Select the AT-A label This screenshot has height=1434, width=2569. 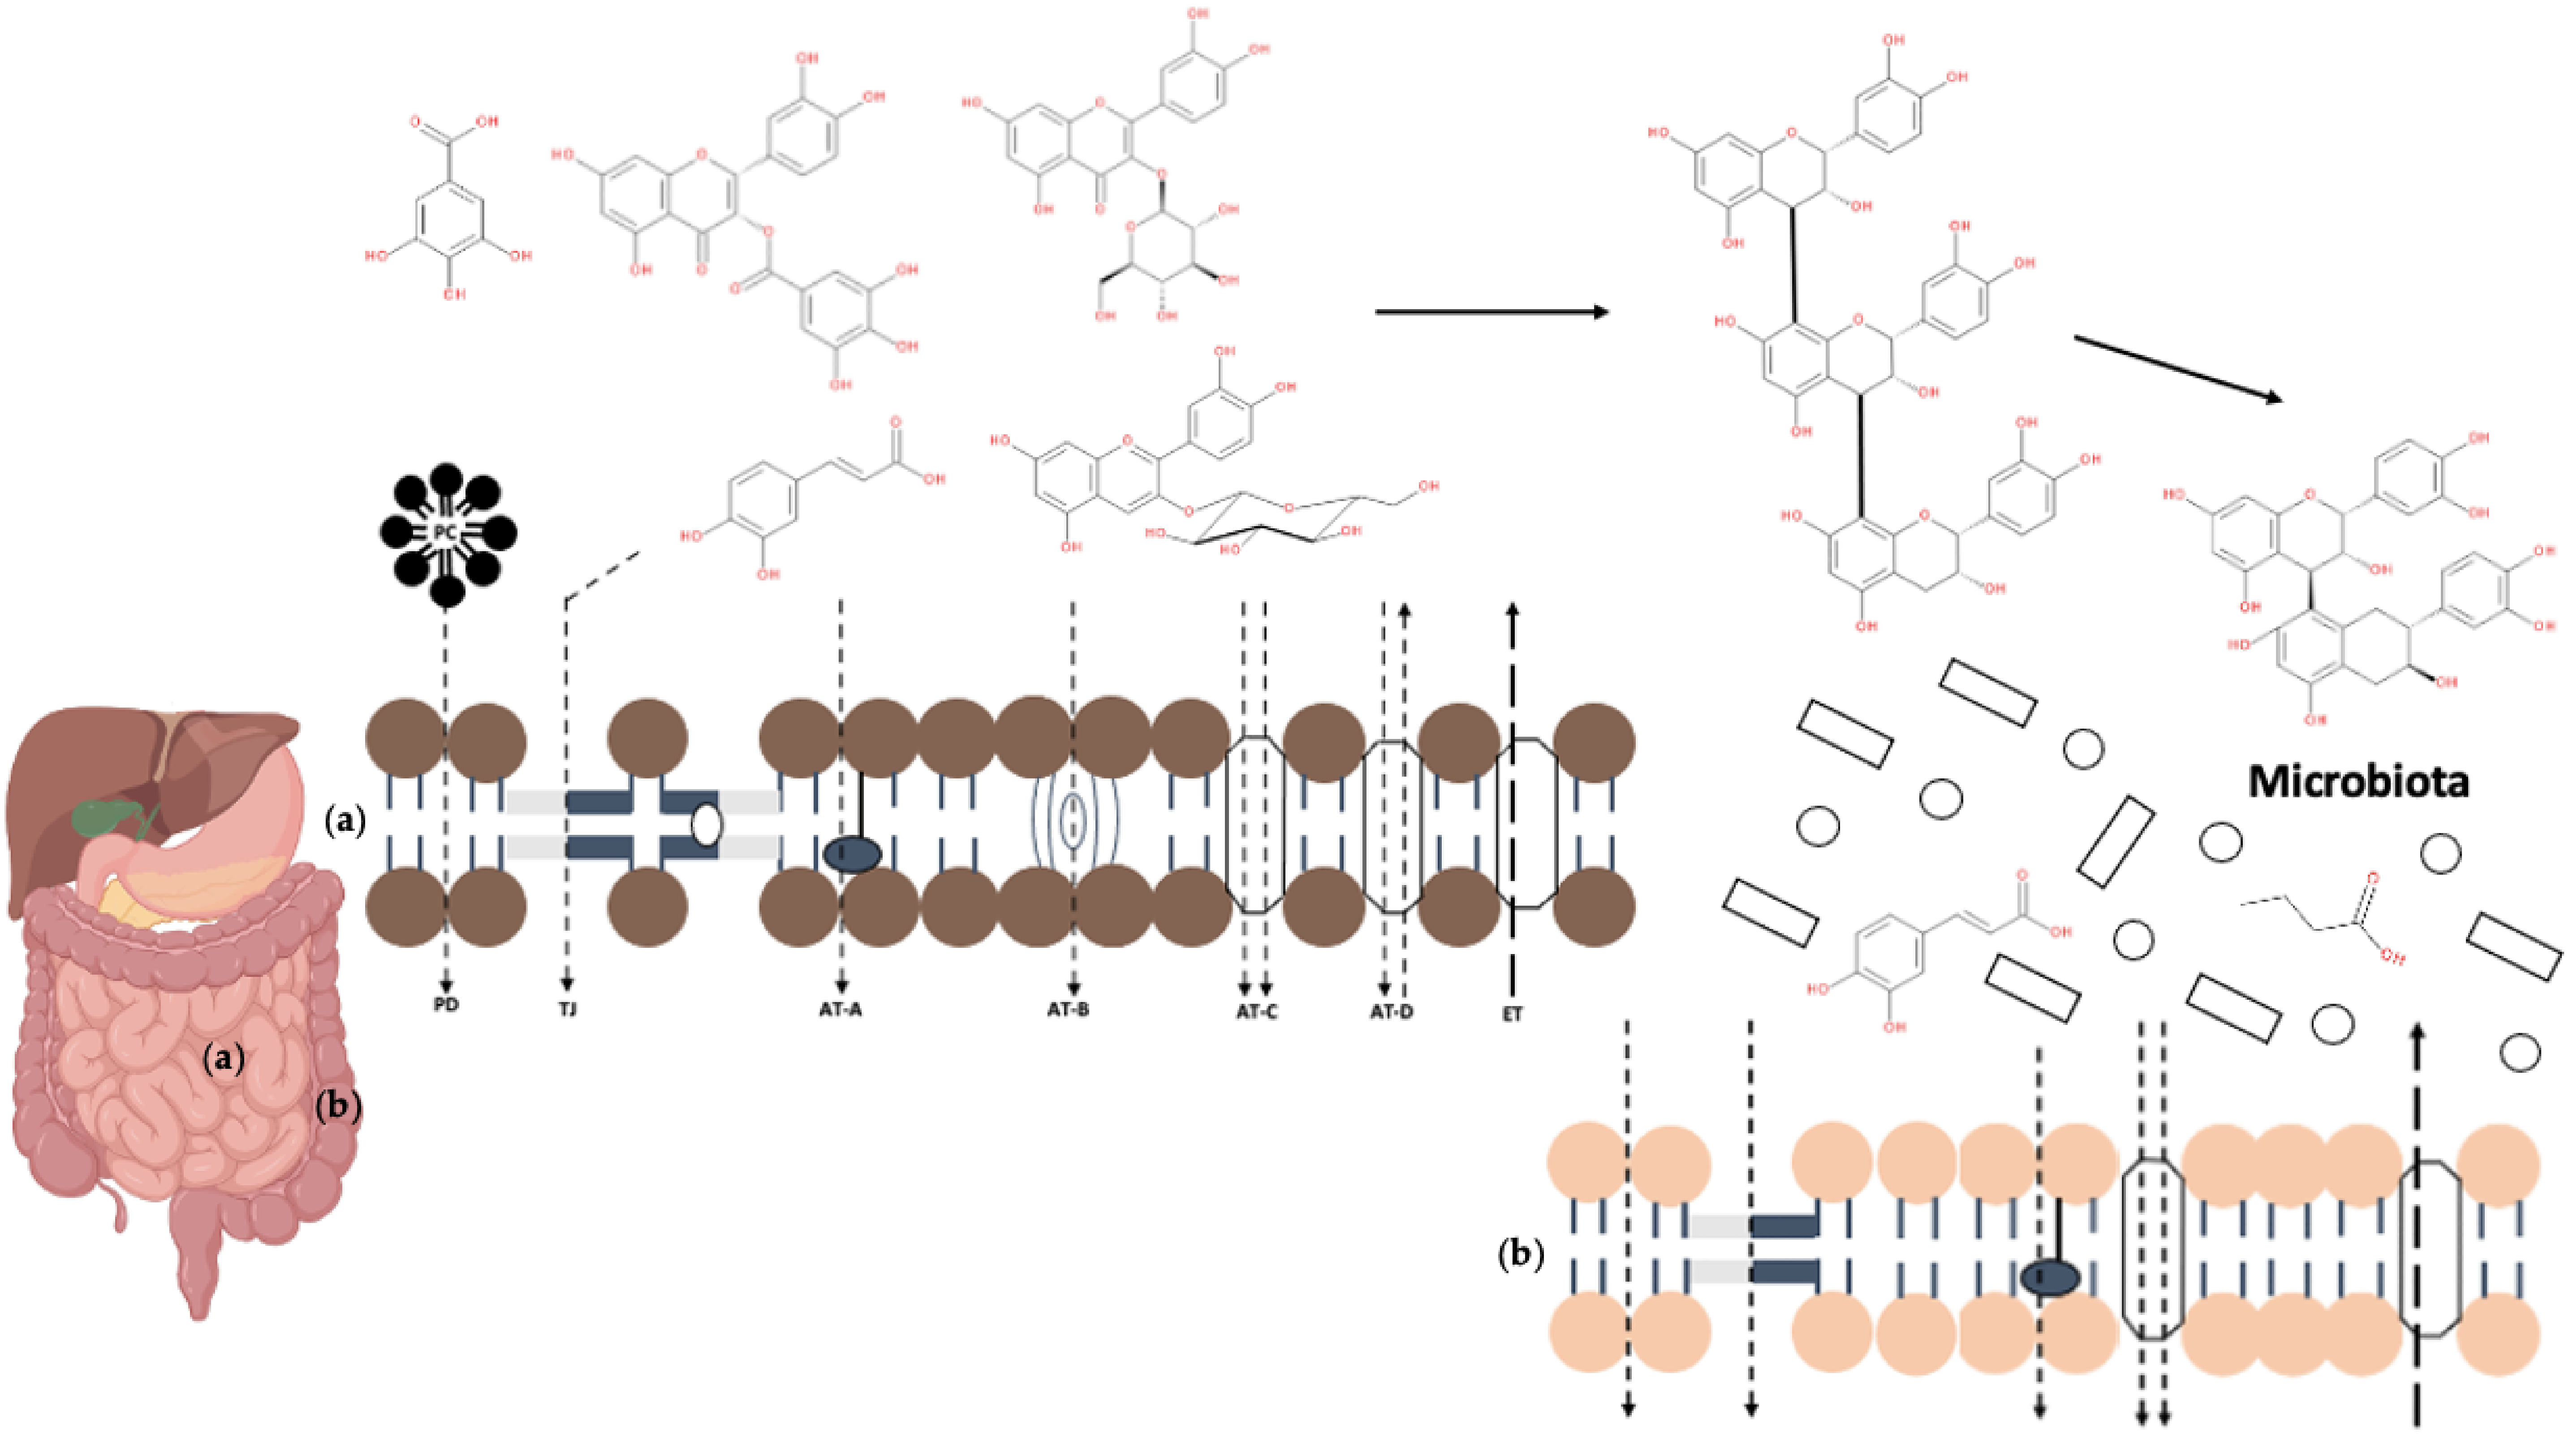[x=841, y=1009]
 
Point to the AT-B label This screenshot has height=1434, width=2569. [x=1068, y=1009]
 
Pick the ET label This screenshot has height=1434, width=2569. [x=1512, y=1014]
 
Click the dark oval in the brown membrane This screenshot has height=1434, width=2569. [x=852, y=855]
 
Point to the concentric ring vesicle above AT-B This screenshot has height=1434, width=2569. [x=1073, y=820]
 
